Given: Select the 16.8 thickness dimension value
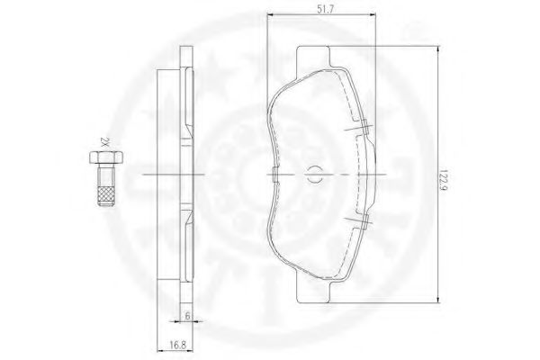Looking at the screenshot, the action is (x=178, y=345).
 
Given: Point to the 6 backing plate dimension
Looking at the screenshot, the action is (x=187, y=316).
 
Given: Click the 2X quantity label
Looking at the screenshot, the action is (x=104, y=142).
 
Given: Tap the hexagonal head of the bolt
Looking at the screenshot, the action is (x=106, y=157).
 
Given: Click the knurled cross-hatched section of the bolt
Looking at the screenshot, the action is (x=106, y=196).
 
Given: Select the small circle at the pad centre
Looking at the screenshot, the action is (x=313, y=174).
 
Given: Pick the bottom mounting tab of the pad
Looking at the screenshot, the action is (x=313, y=292).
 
